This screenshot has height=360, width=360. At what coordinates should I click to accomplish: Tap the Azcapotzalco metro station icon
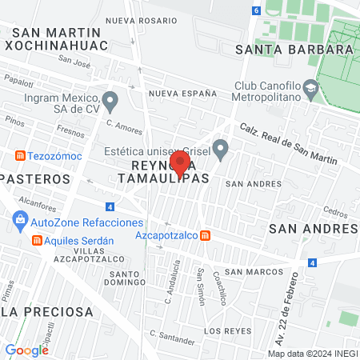click(x=206, y=235)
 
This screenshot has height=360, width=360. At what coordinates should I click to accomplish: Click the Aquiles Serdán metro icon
click(x=36, y=241)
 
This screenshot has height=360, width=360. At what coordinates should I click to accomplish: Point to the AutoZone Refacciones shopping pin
click(x=18, y=220)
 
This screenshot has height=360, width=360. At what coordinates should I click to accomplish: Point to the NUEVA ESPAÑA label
click(x=182, y=94)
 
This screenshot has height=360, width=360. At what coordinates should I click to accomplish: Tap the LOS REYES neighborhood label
click(x=223, y=330)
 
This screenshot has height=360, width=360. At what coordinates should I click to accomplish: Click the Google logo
click(x=26, y=350)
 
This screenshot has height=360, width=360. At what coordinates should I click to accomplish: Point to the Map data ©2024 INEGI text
click(x=311, y=354)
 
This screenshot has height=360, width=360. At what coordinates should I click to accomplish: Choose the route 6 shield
click(x=255, y=10)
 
